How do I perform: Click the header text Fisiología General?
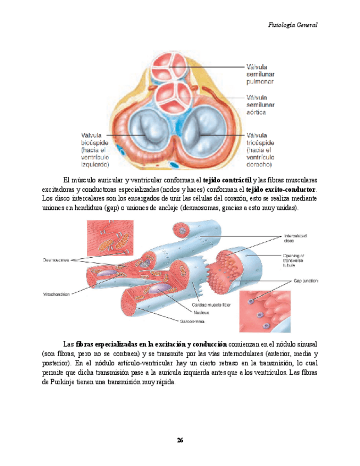(293, 25)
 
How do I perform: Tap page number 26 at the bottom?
(180, 440)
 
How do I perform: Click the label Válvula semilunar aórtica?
(264, 104)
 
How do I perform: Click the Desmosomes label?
(56, 260)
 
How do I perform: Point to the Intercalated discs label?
(296, 237)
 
